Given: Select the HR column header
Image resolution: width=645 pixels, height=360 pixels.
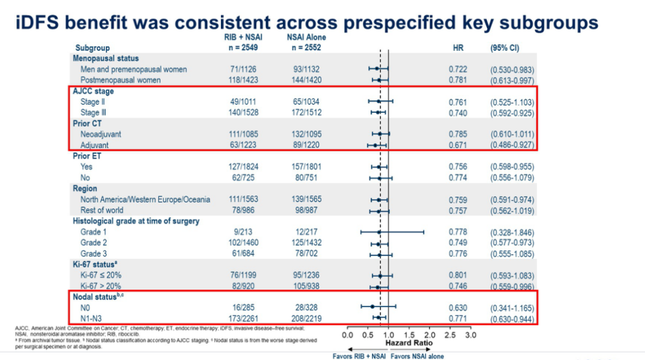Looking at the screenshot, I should pyautogui.click(x=459, y=48).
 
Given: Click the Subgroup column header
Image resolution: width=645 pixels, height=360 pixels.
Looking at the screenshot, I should pyautogui.click(x=93, y=48).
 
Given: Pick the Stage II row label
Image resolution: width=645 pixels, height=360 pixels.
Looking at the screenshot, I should pyautogui.click(x=93, y=102).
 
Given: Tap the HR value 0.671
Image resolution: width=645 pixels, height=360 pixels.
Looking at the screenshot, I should pyautogui.click(x=458, y=145).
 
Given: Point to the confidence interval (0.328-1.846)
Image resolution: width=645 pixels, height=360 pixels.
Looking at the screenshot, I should pyautogui.click(x=512, y=232).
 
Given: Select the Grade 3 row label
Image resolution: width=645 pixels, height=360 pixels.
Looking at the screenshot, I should pyautogui.click(x=93, y=254).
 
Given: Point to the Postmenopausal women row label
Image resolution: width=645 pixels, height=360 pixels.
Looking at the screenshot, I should pyautogui.click(x=121, y=80).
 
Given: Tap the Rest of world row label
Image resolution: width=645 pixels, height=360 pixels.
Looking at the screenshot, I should pyautogui.click(x=102, y=210).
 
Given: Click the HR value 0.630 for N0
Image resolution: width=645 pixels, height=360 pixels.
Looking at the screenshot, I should pyautogui.click(x=458, y=308).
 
